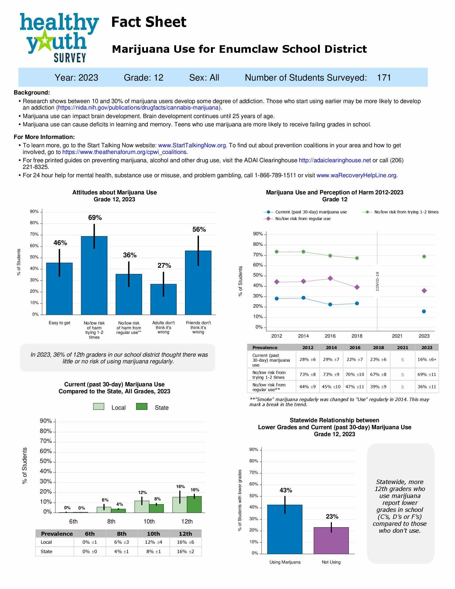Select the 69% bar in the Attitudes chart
pos(94,275)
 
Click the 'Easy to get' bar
pos(59,289)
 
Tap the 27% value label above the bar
pos(164,266)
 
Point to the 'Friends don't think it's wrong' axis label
pos(198,327)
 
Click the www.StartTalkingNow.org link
pos(192,145)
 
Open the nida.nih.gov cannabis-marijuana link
pos(138,108)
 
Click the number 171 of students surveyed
pos(384,78)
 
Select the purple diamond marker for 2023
pos(424,291)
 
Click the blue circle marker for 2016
pos(330,304)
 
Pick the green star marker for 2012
pos(276,252)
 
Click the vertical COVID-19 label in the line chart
pos(377,281)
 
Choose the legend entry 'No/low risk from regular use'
pos(302,219)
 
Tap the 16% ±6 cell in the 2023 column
pos(425,360)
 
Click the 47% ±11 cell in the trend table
pos(354,387)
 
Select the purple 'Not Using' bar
pos(331,540)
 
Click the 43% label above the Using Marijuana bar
pos(286,490)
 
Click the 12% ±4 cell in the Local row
pos(153,542)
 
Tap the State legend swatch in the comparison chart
pos(142,406)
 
